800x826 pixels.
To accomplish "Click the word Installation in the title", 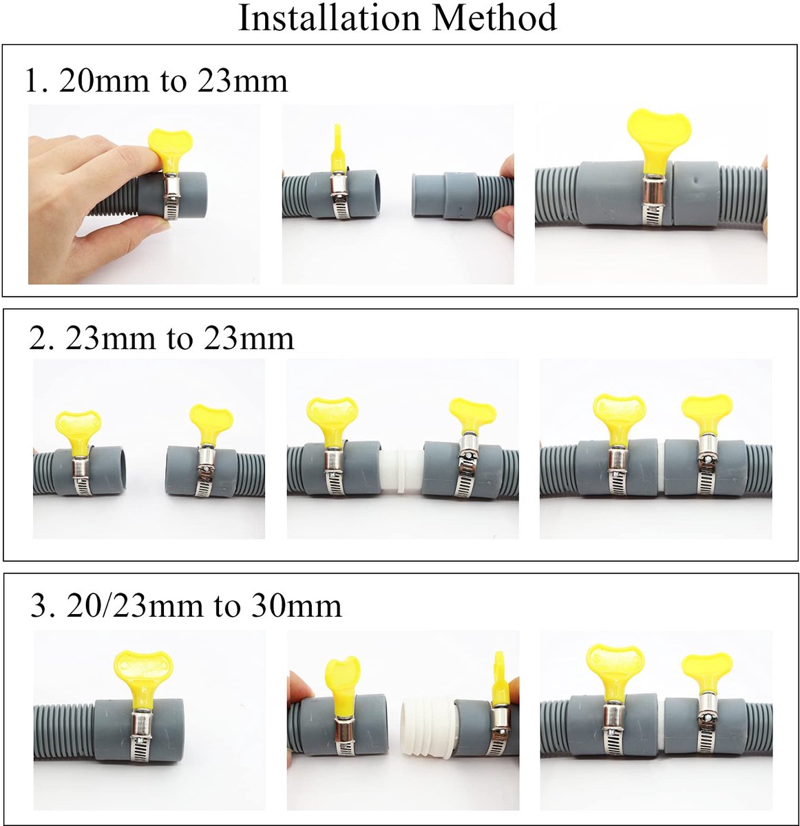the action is (x=330, y=18).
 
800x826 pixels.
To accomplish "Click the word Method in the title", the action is (x=494, y=18).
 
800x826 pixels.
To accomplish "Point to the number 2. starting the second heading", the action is (x=42, y=338).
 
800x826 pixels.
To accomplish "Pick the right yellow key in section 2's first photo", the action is (x=211, y=425).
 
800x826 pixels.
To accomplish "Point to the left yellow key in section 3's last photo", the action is (x=615, y=673).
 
